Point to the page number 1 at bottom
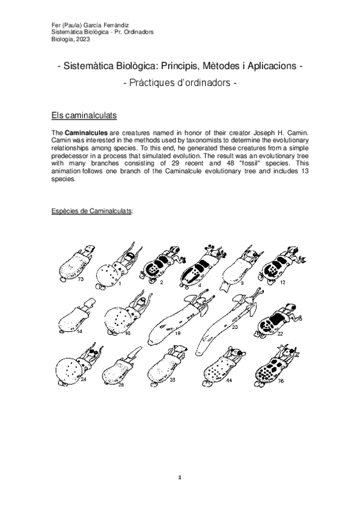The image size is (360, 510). [x=180, y=477]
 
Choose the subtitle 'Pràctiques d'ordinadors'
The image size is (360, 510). [x=180, y=85]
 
